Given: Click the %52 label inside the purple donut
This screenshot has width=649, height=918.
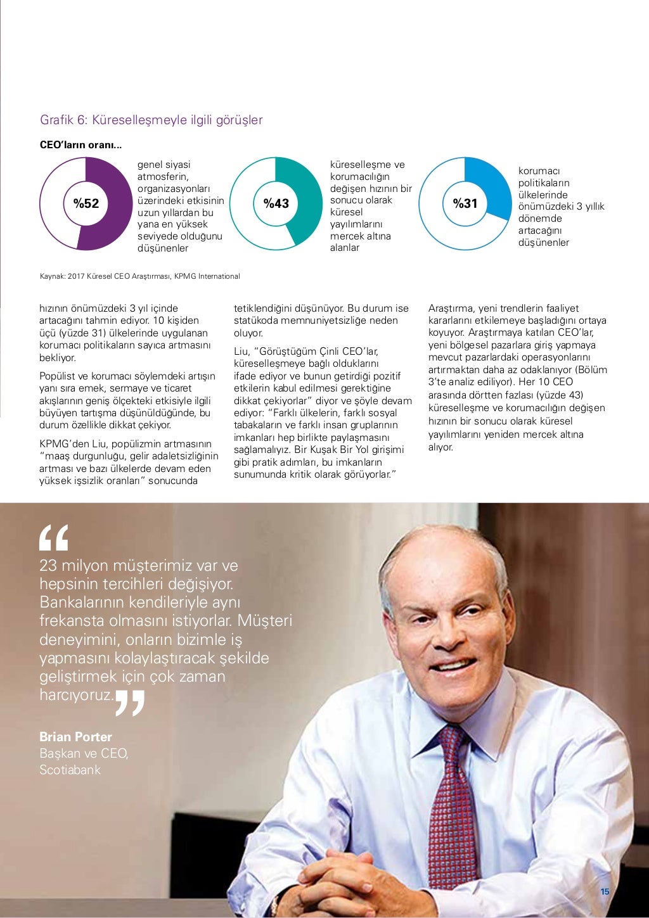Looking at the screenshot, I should coord(86,203).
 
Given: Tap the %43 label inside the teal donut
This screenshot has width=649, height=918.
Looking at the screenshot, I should coord(276,203).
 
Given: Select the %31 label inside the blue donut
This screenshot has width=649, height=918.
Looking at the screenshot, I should coord(465,203).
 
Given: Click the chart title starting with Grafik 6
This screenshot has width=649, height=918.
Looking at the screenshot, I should coord(151,120).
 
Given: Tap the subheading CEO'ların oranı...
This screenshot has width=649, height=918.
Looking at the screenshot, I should coord(80,145).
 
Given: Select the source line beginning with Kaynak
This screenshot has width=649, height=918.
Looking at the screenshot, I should coord(139,276).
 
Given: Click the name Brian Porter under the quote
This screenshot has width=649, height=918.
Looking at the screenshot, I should coord(75,737).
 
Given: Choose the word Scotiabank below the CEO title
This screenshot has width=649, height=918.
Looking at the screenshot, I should coord(70,770).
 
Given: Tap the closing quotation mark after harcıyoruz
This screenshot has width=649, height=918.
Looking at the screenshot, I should coord(131,703).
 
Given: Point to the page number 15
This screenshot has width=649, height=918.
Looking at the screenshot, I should coord(605,892).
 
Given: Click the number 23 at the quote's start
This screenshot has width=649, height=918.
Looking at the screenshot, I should coord(48,566).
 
